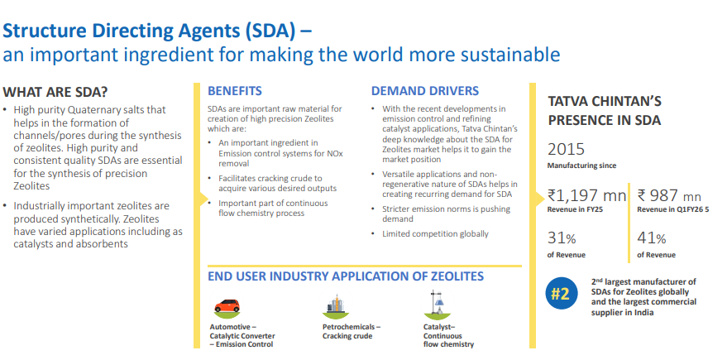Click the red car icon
pyautogui.click(x=227, y=307)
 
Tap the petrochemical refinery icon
pyautogui.click(x=336, y=305)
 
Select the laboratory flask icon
pyautogui.click(x=437, y=305)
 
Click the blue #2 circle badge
pyautogui.click(x=561, y=293)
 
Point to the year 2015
pyautogui.click(x=566, y=150)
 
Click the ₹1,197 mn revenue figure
pyautogui.click(x=586, y=195)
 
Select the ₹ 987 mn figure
pyautogui.click(x=669, y=195)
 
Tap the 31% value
pyautogui.click(x=562, y=238)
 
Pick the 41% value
pyautogui.click(x=652, y=238)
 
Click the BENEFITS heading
pyautogui.click(x=235, y=91)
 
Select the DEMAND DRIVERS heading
pyautogui.click(x=424, y=91)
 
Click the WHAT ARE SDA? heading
pyautogui.click(x=55, y=92)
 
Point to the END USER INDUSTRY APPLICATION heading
pyautogui.click(x=346, y=276)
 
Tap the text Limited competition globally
pyautogui.click(x=435, y=234)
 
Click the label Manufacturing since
pyautogui.click(x=582, y=166)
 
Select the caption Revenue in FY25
pyautogui.click(x=575, y=209)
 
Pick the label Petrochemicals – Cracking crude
pyautogui.click(x=352, y=331)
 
